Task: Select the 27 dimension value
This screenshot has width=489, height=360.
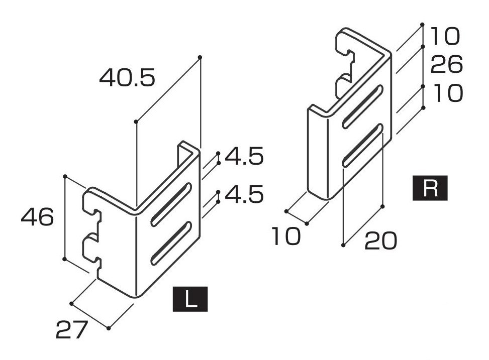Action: coord(71,330)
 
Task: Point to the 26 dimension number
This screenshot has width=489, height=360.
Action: coord(447,65)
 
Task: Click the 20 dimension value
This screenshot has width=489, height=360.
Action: coord(381,241)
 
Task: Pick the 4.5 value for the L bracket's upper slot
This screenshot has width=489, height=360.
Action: coord(244,157)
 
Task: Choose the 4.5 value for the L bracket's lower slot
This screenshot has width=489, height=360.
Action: coord(244,195)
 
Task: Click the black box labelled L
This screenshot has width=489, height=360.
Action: coord(190,299)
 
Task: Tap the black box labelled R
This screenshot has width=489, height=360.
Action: coord(430,188)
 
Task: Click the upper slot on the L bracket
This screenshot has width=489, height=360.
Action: coord(171,204)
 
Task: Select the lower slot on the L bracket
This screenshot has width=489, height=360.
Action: coord(171,244)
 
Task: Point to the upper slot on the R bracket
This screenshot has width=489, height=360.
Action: coord(363,106)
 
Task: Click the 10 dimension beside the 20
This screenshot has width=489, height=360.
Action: coord(286,236)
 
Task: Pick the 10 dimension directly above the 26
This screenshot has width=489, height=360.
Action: coord(446,36)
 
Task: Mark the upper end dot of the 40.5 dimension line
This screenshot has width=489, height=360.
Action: coord(200,57)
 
